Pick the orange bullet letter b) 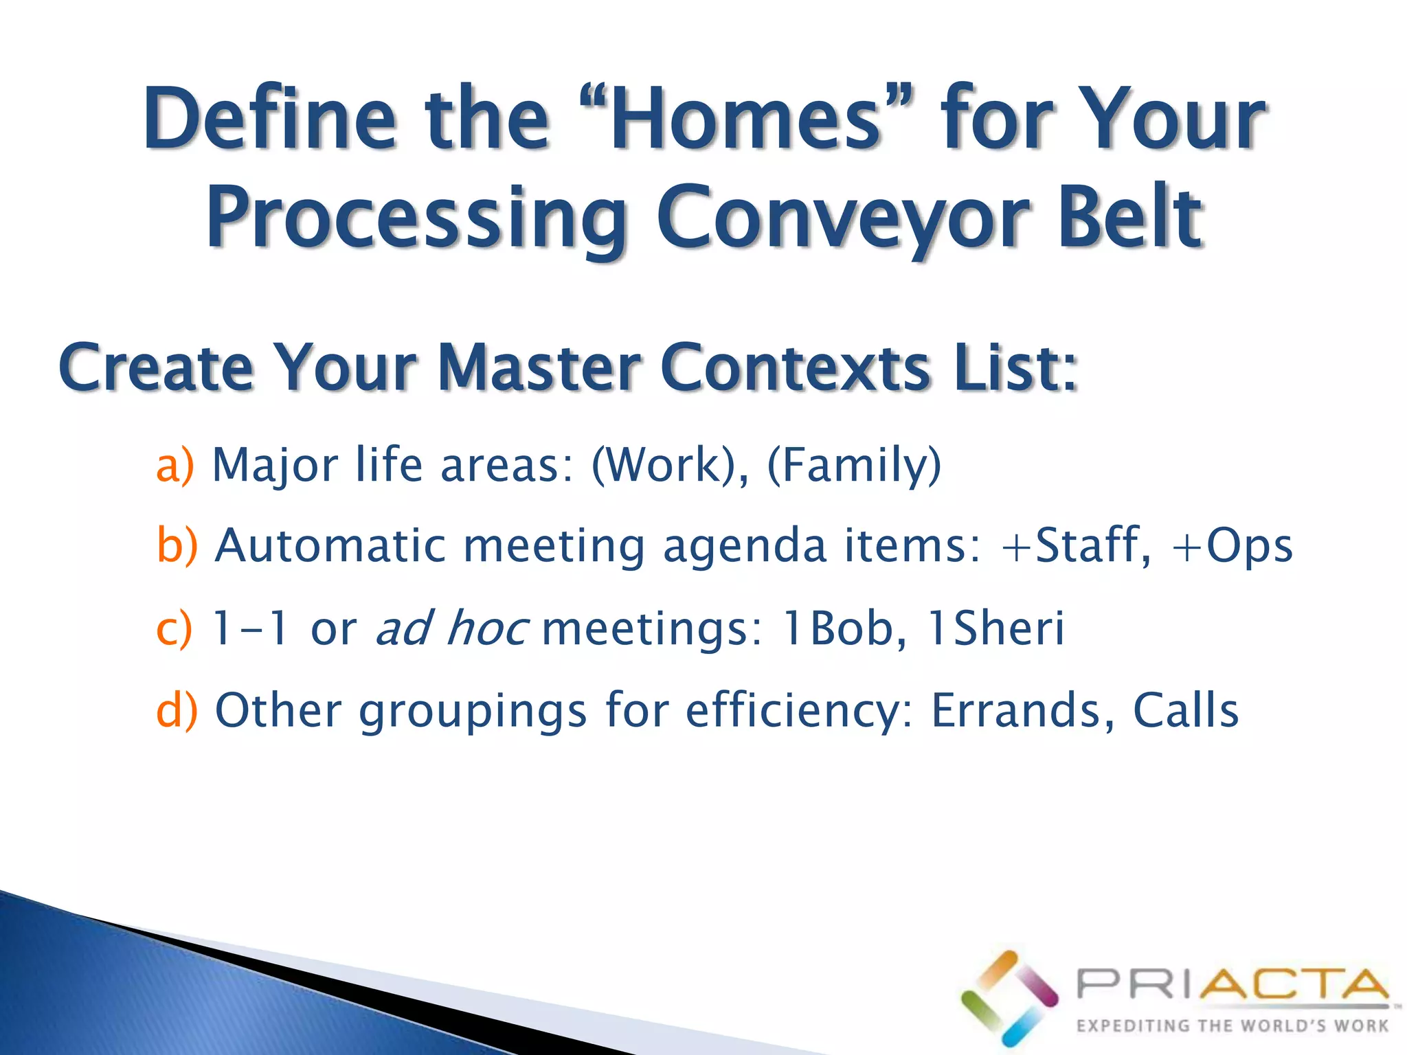[x=177, y=545]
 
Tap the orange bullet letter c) [x=174, y=628]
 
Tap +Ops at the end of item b [x=1232, y=547]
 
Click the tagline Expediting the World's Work [x=1232, y=1026]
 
